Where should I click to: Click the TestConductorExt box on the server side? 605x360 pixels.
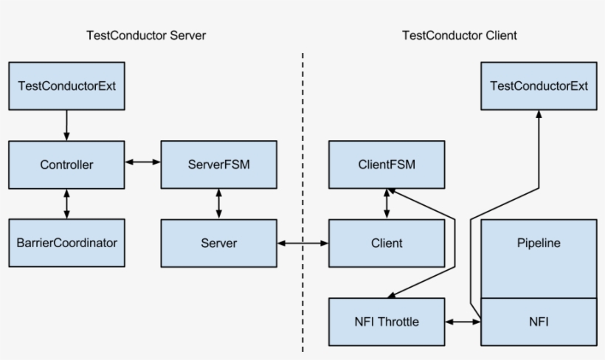click(66, 86)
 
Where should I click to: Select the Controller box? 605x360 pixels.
click(66, 165)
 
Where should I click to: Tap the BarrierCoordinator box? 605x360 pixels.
click(66, 242)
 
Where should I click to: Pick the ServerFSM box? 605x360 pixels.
click(219, 164)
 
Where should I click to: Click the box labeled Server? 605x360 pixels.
click(219, 243)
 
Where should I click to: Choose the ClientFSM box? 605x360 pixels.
click(387, 164)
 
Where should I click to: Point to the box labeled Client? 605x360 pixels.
click(387, 243)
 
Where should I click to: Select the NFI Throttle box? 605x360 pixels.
click(387, 322)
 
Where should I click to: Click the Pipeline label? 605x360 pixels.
click(539, 243)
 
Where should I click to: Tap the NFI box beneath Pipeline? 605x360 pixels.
click(539, 322)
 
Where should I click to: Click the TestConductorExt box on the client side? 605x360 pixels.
click(539, 86)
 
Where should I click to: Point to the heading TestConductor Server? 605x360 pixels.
click(145, 35)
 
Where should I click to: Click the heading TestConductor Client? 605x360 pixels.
click(459, 35)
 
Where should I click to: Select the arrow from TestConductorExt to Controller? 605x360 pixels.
click(67, 125)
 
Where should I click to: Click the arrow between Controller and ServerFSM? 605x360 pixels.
click(142, 160)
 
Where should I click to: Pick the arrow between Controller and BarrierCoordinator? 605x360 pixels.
click(67, 203)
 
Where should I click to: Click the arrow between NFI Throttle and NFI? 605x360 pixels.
click(463, 322)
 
